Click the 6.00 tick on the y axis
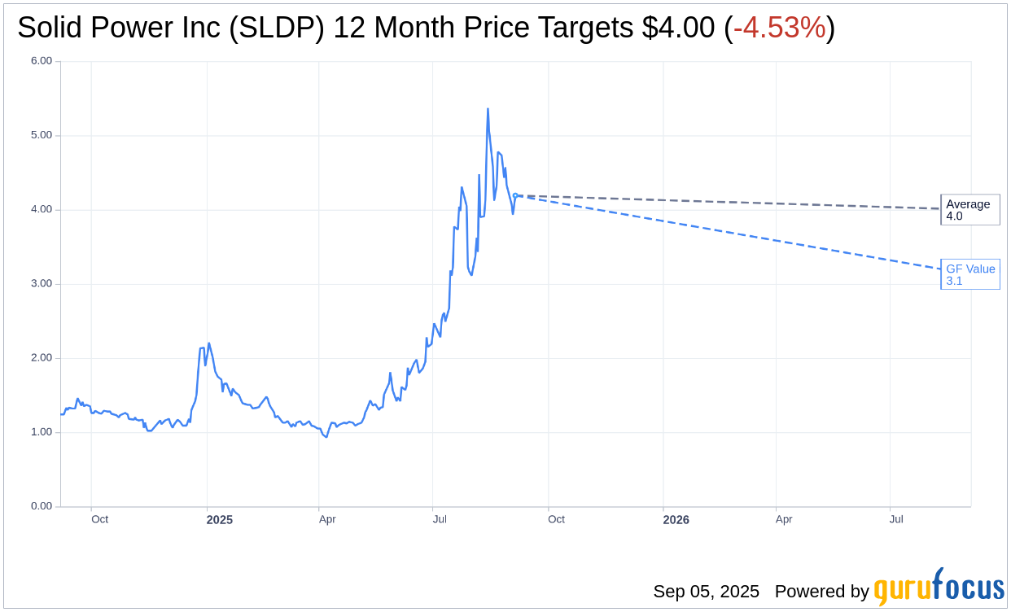42,61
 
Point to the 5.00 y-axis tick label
42,135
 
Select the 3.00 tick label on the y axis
42,284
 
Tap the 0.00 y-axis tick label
42,506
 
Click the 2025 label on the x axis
219,520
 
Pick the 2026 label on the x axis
676,520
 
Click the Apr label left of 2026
327,519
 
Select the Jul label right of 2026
896,519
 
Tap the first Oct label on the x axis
99,519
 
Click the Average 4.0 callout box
969,210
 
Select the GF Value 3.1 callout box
970,275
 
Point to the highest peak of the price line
488,109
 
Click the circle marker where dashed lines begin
515,195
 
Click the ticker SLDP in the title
276,28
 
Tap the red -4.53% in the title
779,28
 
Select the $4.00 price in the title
678,28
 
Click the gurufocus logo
939,588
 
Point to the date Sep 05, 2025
706,592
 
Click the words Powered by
821,592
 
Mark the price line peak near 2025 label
209,343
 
